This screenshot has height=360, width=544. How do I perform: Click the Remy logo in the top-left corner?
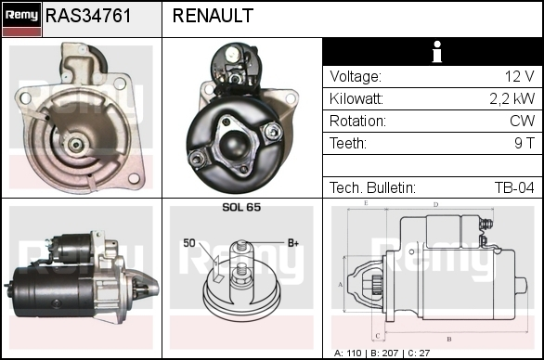(x=22, y=19)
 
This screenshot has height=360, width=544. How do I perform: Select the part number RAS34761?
(x=88, y=16)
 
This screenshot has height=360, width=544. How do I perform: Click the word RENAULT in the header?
(x=213, y=16)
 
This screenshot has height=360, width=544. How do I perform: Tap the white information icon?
(x=437, y=52)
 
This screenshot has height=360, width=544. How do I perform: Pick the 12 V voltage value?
(x=519, y=76)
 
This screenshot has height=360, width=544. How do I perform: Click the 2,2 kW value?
(x=512, y=99)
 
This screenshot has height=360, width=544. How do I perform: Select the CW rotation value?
(x=522, y=121)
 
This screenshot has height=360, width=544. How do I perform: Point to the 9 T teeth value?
(x=525, y=143)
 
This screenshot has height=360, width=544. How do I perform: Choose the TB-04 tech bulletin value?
(x=514, y=187)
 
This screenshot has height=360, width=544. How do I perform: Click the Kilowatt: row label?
(x=356, y=99)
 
